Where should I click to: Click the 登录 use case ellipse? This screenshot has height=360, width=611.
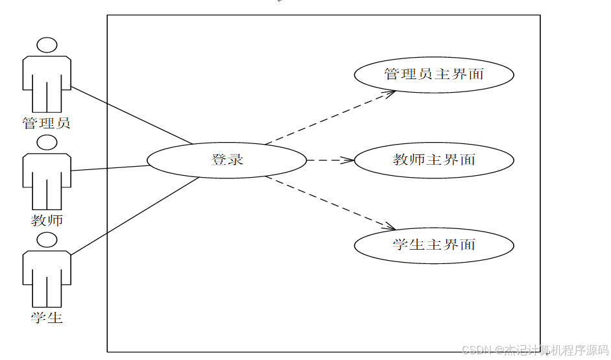226,160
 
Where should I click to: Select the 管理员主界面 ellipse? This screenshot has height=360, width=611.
434,74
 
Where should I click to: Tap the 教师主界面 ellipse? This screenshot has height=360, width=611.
434,160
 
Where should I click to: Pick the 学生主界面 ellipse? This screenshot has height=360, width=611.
434,245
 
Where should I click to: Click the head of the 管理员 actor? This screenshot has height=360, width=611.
47,45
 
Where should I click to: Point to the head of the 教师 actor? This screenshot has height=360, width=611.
47,142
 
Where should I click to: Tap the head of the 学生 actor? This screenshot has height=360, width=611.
47,240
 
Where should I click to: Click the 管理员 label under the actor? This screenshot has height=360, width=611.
47,123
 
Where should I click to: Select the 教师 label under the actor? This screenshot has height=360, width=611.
47,221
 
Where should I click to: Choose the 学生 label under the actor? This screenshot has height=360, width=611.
47,318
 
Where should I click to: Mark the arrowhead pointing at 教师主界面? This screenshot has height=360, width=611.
348,160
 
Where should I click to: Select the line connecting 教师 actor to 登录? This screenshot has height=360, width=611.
110,168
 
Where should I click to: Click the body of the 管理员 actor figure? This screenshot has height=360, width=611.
47,81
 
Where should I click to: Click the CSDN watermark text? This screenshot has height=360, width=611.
534,350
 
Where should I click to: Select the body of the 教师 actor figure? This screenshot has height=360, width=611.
47,178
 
